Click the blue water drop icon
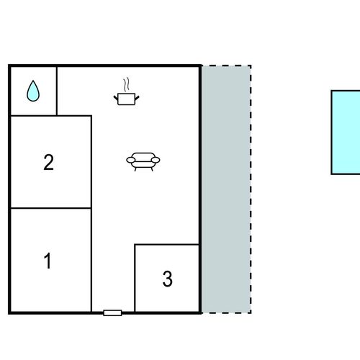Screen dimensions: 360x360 pos(33,91)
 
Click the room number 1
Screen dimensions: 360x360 pos(48,261)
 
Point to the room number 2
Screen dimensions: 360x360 pos(48,162)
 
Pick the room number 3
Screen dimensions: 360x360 pos(168,279)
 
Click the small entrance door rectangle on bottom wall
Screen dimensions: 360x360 pos(112,312)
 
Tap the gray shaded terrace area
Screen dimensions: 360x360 pos(226,189)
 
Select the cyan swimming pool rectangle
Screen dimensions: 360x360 pos(346,132)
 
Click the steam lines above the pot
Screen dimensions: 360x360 pos(127,84)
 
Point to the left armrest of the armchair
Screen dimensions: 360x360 pos(131,160)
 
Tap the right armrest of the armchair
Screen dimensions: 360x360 pos(156,160)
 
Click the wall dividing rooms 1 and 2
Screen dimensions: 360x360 pos(51,208)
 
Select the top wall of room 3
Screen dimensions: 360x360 pos(167,245)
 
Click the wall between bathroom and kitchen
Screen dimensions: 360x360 pos(57,91)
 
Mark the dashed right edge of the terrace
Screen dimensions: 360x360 pos(251,189)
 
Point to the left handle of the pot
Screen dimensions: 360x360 pos(116,98)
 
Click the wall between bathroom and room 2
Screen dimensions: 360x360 pos(34,116)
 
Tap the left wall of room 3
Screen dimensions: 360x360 pos(135,278)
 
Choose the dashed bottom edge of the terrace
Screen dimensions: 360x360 pos(226,313)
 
